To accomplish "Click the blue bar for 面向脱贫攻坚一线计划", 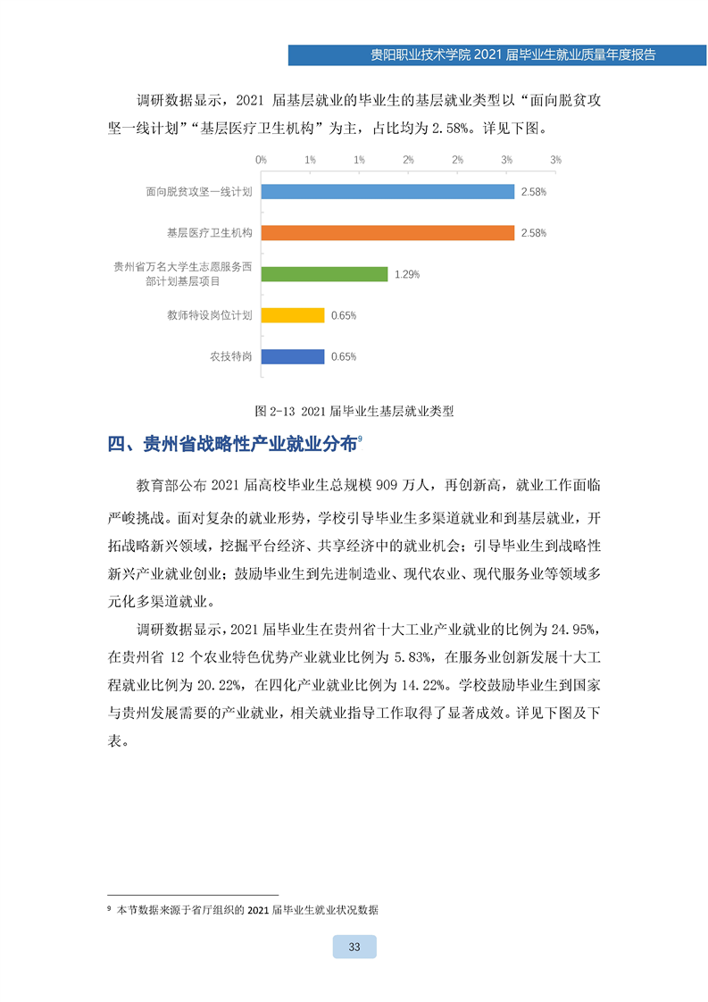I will point(387,191).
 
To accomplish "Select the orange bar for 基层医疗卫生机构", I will point(387,232).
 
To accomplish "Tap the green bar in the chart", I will point(324,274).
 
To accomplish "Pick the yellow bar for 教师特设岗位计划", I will point(293,315).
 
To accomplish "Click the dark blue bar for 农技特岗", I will point(293,356).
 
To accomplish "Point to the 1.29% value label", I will point(407,274).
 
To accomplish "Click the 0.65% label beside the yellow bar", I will point(344,315).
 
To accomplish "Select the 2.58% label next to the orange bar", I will point(534,233).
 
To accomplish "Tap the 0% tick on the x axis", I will point(262,159).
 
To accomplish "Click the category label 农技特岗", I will point(231,356).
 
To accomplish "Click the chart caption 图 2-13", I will point(354,412).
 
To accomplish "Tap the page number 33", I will point(354,947).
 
